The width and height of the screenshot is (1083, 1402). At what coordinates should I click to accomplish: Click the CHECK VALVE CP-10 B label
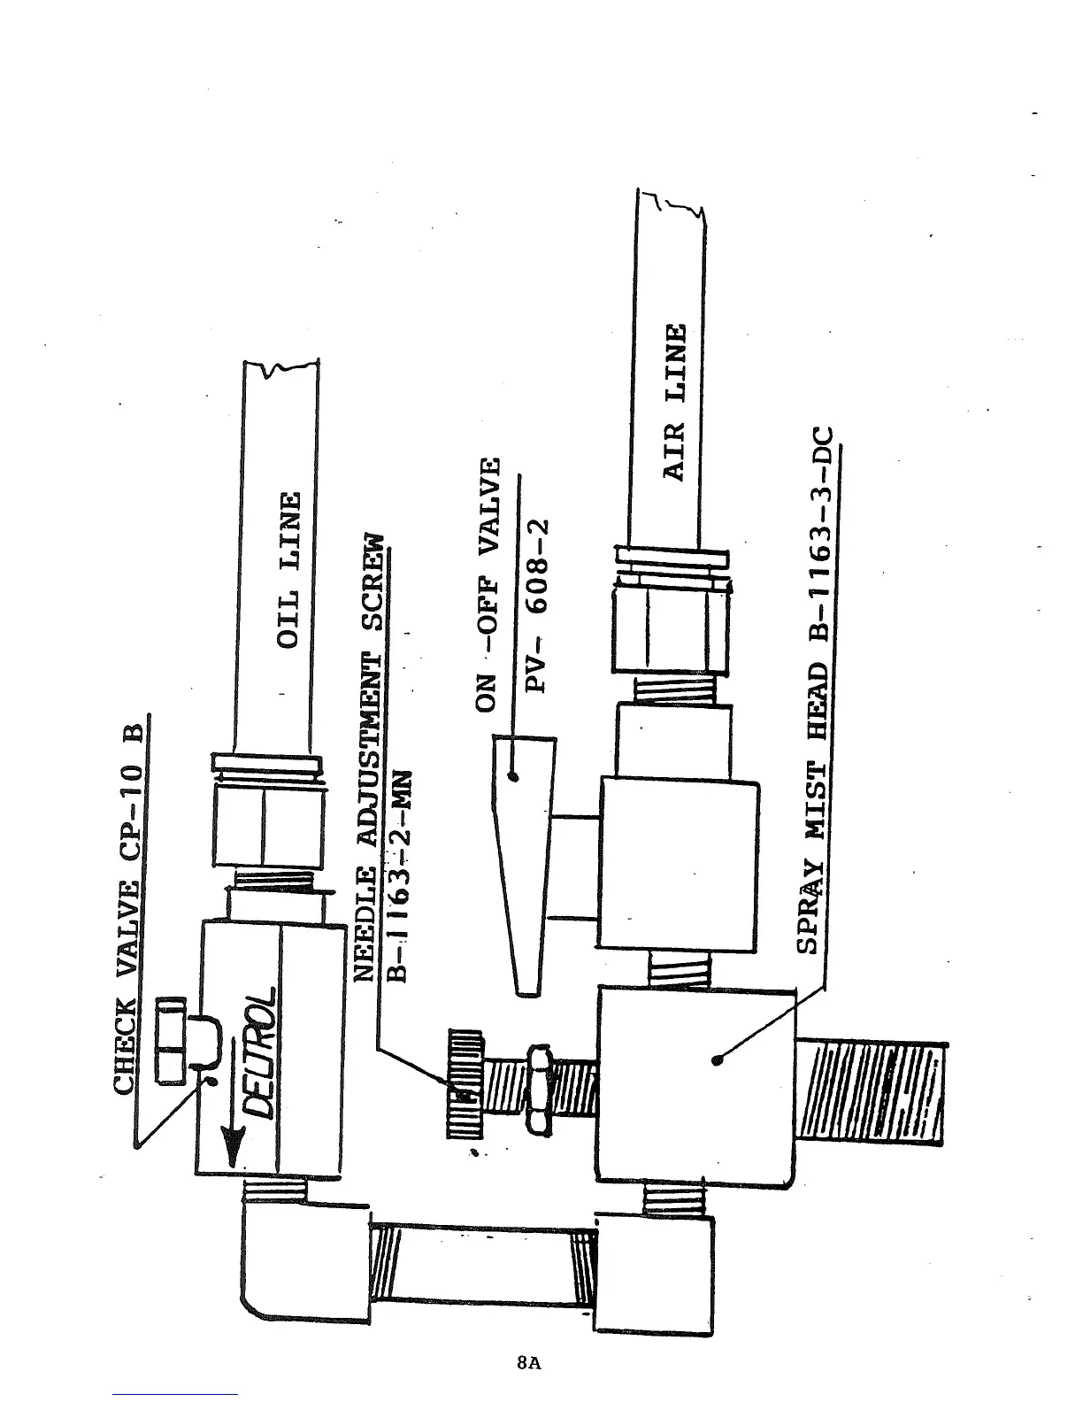coord(130,903)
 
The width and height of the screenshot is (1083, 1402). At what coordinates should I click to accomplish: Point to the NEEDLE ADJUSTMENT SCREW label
coord(371,757)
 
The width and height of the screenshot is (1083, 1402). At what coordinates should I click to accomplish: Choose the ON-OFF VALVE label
coord(488,584)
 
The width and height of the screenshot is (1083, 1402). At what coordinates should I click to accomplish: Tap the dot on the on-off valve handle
coord(514,778)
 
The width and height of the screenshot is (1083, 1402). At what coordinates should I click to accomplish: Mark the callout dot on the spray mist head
coord(717,1059)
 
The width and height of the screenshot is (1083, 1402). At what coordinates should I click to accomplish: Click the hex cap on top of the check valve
coord(171,1039)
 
